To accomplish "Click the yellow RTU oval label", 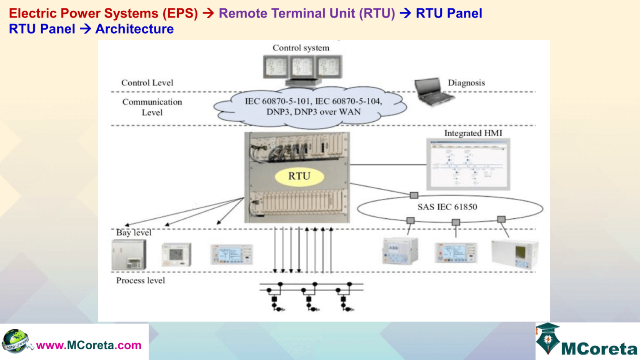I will point(299,176).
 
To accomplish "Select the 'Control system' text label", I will point(301,48).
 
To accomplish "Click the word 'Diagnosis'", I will point(466,83).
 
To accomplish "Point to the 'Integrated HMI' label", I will point(473,133).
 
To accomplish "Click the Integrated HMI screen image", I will point(468,165).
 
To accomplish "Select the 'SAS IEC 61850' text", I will point(447,207).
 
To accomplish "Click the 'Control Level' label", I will point(147,83).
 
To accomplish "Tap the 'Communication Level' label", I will point(152,107).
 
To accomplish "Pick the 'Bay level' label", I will point(133,232).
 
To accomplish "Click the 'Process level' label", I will point(140,281).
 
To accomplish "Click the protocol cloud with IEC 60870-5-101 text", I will point(310,107).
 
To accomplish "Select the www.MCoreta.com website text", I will point(89,345).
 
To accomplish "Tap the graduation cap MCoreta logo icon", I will point(547,338).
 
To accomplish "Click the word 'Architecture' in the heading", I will point(134,29).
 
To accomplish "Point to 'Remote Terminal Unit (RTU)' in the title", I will point(307,13).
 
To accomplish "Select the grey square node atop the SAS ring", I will point(414,195).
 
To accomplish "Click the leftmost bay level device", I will point(129,255).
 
